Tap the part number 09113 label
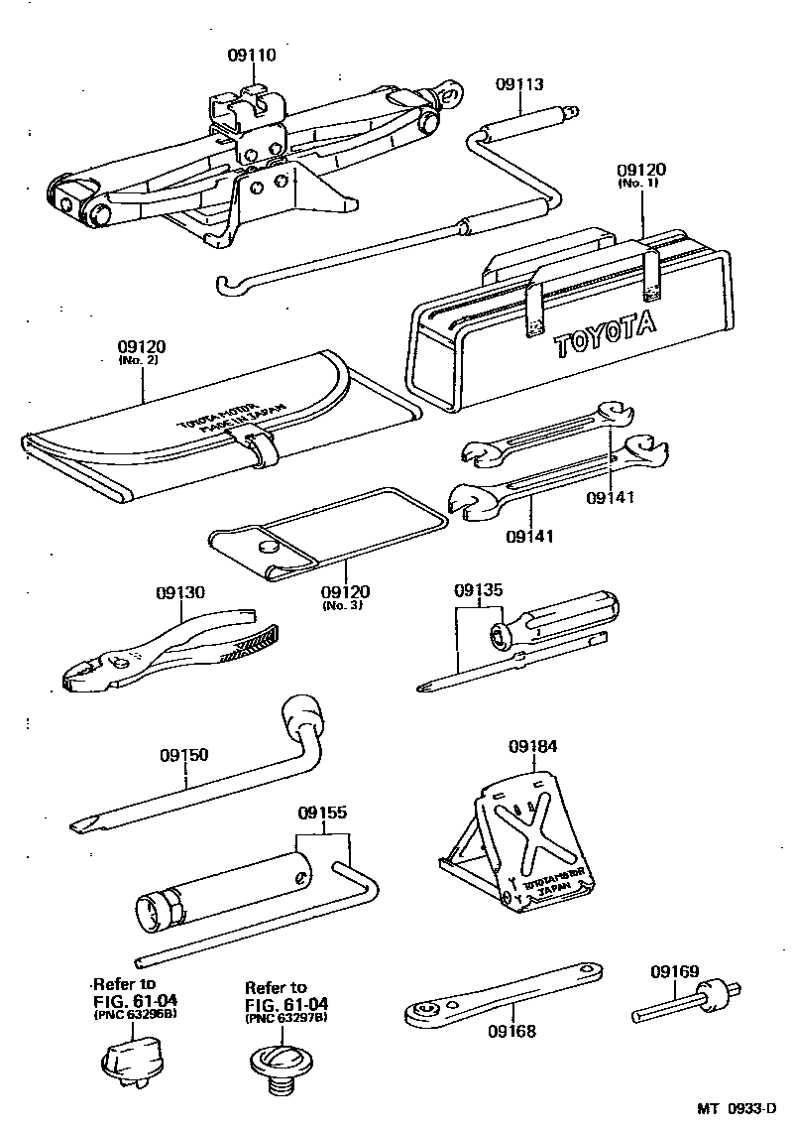click(x=519, y=86)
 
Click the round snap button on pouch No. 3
click(x=269, y=547)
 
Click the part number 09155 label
click(x=322, y=814)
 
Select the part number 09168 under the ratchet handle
click(x=510, y=1031)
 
